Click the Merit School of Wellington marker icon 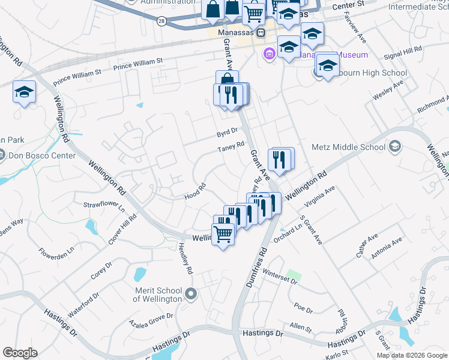click(x=191, y=294)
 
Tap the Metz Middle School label click(x=348, y=147)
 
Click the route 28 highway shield click(x=161, y=20)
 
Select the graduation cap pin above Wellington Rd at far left click(x=24, y=92)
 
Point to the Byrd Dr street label click(x=228, y=131)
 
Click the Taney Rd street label click(x=231, y=146)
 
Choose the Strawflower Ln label click(x=103, y=207)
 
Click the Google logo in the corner click(x=20, y=353)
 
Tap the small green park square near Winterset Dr click(x=292, y=276)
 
